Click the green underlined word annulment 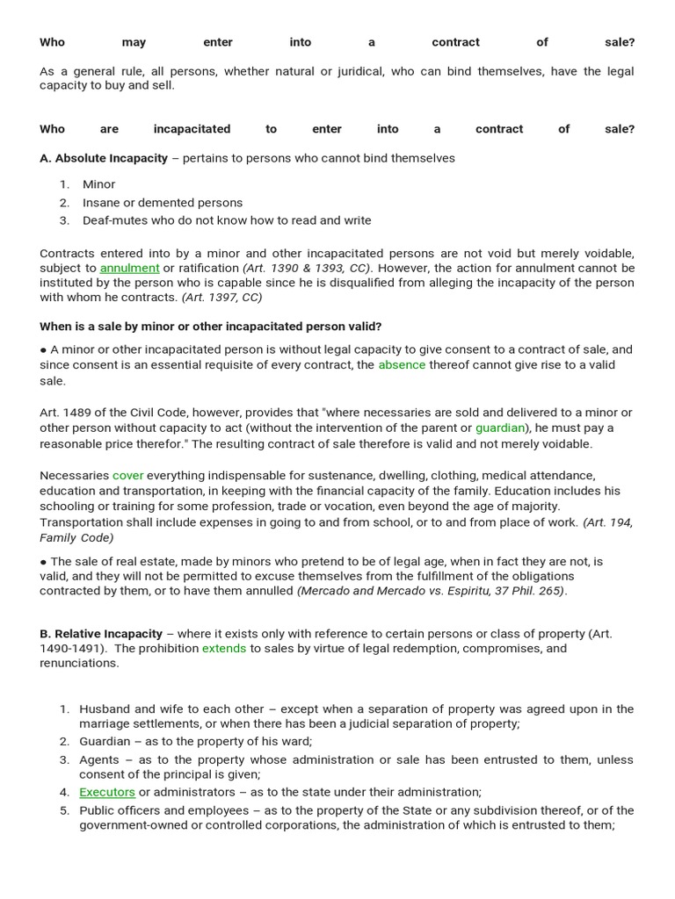129,268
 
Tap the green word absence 402,365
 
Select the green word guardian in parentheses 500,428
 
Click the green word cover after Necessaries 127,476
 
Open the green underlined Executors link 107,792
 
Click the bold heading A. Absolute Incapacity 104,158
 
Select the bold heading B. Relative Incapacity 101,634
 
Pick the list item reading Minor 98,184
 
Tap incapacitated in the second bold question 192,129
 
